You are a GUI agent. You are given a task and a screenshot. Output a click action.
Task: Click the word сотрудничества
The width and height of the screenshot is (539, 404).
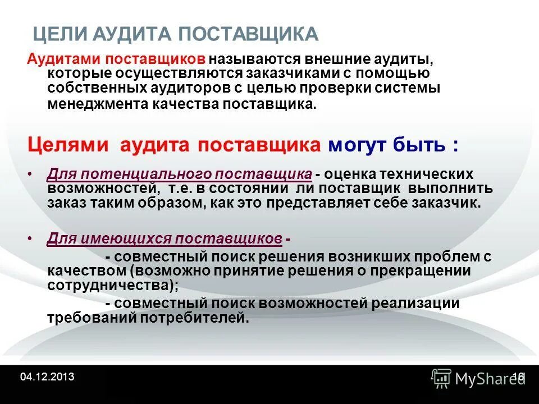pyautogui.click(x=108, y=284)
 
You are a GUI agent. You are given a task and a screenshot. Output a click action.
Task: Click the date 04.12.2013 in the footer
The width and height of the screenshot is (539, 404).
pyautogui.click(x=47, y=376)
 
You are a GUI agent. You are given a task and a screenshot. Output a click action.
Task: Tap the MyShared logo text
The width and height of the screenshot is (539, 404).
pyautogui.click(x=486, y=379)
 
